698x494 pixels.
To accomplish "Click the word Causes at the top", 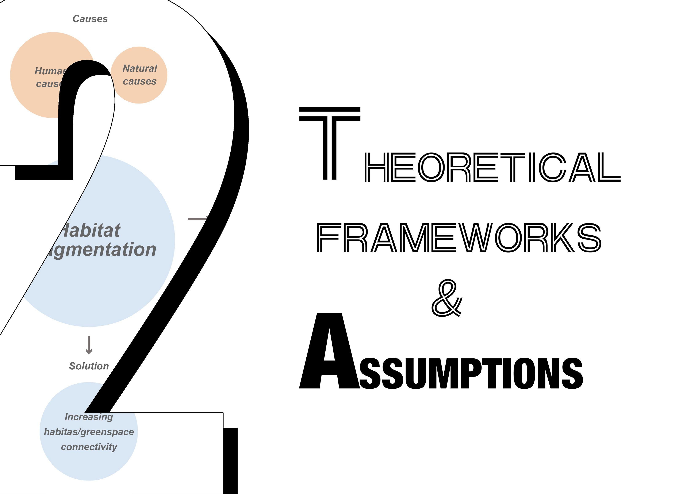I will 90,19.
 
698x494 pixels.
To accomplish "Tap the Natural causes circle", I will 139,88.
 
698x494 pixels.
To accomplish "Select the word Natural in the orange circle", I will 140,68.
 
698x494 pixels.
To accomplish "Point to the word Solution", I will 89,366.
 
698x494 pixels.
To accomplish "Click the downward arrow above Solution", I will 89,345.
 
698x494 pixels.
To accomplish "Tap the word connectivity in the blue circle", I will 89,447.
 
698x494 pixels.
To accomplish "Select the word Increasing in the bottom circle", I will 89,417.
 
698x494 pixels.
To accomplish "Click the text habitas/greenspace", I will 89,432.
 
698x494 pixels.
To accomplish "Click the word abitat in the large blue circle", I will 91,230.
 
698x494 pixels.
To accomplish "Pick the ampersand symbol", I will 446,298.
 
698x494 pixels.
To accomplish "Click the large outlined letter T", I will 330,143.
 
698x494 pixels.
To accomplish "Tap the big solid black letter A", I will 329,353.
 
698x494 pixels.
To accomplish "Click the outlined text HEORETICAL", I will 492,167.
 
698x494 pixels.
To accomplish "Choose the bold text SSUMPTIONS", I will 471,373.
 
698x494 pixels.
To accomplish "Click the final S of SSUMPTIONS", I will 572,373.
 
